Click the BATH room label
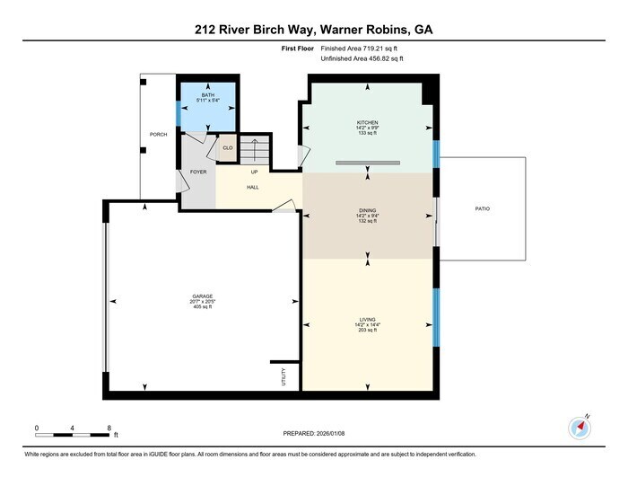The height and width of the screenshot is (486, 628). pyautogui.click(x=208, y=95)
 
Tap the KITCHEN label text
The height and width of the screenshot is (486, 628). pyautogui.click(x=367, y=123)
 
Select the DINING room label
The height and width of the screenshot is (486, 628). pyautogui.click(x=367, y=210)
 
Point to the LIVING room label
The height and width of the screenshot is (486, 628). pyautogui.click(x=367, y=320)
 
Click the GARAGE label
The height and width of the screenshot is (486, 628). pyautogui.click(x=202, y=296)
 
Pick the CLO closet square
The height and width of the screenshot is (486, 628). pyautogui.click(x=228, y=148)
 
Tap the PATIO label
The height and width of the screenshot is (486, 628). pyautogui.click(x=483, y=209)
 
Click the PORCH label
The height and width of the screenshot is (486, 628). pyautogui.click(x=158, y=135)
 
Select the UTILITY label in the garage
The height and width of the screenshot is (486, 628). pyautogui.click(x=283, y=377)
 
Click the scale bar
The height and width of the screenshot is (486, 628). pyautogui.click(x=72, y=435)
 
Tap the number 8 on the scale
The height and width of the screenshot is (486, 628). pyautogui.click(x=109, y=428)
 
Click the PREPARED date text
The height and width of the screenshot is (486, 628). pyautogui.click(x=314, y=434)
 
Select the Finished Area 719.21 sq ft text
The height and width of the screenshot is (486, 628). pyautogui.click(x=359, y=49)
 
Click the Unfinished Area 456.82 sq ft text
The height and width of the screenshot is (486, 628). pyautogui.click(x=362, y=58)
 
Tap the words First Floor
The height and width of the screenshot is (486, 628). pyautogui.click(x=298, y=49)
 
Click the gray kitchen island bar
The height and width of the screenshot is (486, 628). pyautogui.click(x=368, y=163)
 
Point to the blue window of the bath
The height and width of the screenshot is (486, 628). pyautogui.click(x=179, y=113)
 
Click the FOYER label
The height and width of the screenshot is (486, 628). pyautogui.click(x=198, y=172)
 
